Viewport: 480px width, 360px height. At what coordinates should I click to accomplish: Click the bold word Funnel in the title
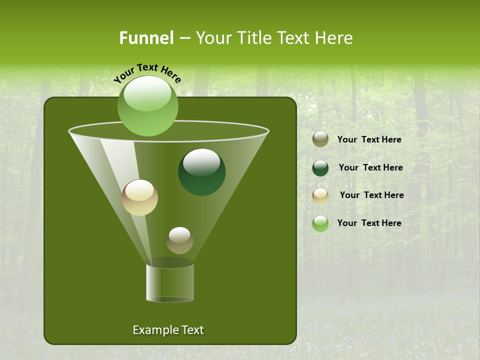coord(146,38)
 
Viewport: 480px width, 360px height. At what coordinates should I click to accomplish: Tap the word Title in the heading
coord(255,38)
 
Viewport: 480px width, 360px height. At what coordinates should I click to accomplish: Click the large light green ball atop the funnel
coord(147,106)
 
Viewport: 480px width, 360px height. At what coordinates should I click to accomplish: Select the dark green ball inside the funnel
coord(201,172)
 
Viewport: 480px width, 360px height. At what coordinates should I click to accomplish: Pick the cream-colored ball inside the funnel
coord(139,197)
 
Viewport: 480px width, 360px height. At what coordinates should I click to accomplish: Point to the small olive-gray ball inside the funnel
coord(179,240)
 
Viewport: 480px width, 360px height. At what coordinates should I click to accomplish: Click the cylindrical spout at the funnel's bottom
coord(170,283)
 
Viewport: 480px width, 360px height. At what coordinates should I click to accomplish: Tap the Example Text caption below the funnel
coord(168,330)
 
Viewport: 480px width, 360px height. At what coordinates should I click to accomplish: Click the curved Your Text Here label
coord(147,73)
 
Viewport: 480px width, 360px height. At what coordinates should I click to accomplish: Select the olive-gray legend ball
coord(320,139)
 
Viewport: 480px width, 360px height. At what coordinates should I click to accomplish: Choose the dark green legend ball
coord(320,168)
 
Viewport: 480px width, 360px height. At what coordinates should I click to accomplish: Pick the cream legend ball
coord(320,195)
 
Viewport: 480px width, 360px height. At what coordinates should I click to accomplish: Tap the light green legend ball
coord(320,223)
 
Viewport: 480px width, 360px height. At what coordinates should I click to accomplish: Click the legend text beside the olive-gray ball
coord(369,140)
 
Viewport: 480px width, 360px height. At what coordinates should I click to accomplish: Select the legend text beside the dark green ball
coord(370,168)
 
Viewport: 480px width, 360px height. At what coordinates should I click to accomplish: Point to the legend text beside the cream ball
coord(371,195)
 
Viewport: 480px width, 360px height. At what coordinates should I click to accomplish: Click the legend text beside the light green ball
coord(369,223)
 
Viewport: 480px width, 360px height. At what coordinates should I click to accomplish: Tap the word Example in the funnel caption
coord(152,330)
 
